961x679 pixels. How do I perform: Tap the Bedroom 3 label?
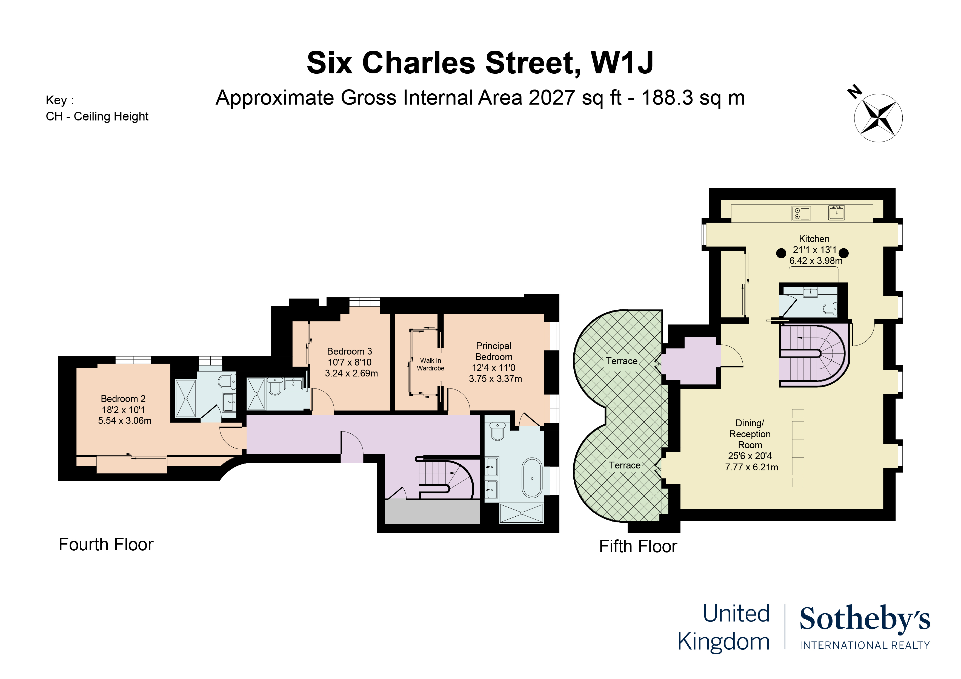(x=350, y=352)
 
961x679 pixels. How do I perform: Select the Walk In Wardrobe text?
(x=430, y=364)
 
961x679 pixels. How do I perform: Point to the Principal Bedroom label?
(x=494, y=352)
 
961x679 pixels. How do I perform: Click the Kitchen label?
(x=814, y=239)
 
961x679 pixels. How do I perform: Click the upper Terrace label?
(x=622, y=361)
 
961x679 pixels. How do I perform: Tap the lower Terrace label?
(x=625, y=465)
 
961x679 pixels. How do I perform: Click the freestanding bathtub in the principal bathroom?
(x=532, y=478)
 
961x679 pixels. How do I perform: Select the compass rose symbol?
(x=878, y=118)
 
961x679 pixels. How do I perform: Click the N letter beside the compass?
(x=854, y=92)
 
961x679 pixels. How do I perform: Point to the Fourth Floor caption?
(x=106, y=545)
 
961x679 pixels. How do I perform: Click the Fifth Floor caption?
(x=638, y=546)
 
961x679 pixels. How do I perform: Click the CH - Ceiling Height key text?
(x=97, y=116)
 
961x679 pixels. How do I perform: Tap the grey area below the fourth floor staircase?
(x=432, y=511)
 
